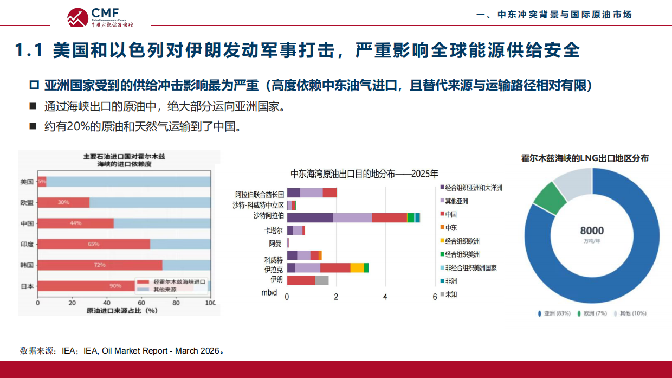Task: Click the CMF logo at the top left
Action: coord(100,17)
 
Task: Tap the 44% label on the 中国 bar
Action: coord(75,223)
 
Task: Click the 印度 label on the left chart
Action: coord(27,245)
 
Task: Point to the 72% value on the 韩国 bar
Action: coord(100,265)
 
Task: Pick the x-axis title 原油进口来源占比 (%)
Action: coord(122,311)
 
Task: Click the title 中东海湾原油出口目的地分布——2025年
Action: coord(364,174)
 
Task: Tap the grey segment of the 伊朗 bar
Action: coord(322,280)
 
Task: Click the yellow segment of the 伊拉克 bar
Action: coord(357,268)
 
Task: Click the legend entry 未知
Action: coord(451,294)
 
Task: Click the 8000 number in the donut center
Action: coord(592,230)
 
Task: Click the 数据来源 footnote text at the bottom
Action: coord(122,351)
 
